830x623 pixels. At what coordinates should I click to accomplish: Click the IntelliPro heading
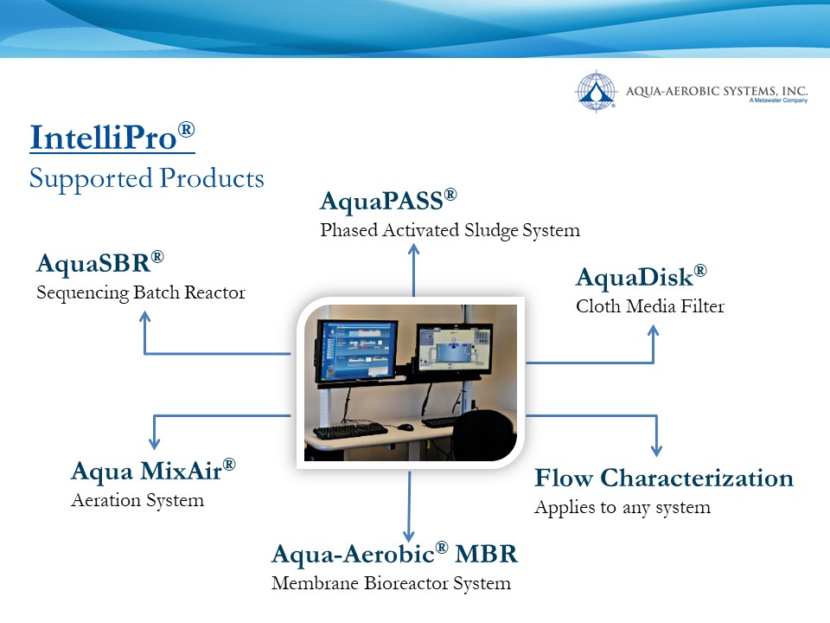[x=112, y=137]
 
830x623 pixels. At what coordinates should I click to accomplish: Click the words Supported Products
[x=147, y=178]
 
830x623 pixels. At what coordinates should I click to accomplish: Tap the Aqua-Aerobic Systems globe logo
[x=596, y=91]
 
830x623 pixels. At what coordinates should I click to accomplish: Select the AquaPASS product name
[x=388, y=201]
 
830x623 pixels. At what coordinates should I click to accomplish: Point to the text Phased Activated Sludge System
[x=450, y=230]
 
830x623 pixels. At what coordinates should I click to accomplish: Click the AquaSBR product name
[x=100, y=263]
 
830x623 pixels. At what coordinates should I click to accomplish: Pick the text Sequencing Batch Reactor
[x=141, y=292]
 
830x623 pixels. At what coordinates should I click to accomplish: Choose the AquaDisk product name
[x=641, y=277]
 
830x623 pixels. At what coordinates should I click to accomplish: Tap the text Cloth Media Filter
[x=650, y=306]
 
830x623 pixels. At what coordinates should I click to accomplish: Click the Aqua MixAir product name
[x=153, y=471]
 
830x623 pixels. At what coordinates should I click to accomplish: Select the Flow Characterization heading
[x=664, y=478]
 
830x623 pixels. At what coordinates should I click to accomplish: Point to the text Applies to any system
[x=622, y=507]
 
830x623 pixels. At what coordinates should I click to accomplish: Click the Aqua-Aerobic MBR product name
[x=394, y=554]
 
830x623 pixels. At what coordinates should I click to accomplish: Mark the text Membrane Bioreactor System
[x=391, y=583]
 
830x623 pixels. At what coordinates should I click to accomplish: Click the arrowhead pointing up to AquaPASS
[x=414, y=249]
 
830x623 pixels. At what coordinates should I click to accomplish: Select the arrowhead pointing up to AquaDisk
[x=654, y=331]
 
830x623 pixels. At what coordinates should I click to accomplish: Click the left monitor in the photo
[x=356, y=352]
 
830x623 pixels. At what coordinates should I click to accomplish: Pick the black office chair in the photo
[x=485, y=434]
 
